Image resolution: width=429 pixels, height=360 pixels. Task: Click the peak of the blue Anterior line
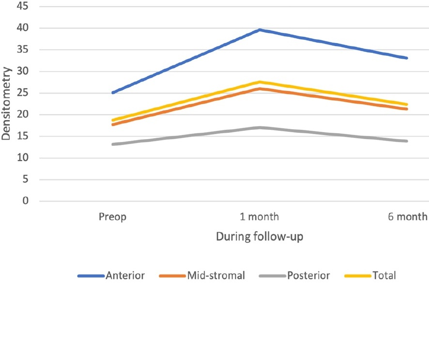[260, 30]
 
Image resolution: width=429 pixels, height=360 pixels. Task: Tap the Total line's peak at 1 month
[260, 82]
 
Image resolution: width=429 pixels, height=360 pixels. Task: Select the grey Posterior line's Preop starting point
[113, 144]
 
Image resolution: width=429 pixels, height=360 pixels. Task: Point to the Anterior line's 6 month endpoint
[407, 58]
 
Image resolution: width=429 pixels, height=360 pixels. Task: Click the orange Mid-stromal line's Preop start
[113, 125]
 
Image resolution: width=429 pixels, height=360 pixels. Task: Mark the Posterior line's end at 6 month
[407, 141]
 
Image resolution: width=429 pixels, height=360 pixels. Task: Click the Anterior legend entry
[111, 276]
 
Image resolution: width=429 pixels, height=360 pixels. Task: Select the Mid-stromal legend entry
[202, 276]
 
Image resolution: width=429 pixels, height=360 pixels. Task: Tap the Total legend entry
[371, 276]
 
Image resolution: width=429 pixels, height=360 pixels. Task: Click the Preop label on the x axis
[112, 217]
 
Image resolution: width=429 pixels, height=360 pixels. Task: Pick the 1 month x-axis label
[260, 217]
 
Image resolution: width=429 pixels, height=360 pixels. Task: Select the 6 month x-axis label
[408, 217]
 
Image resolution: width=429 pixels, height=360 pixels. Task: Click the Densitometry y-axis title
[6, 104]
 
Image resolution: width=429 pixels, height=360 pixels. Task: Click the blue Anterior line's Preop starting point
[113, 92]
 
